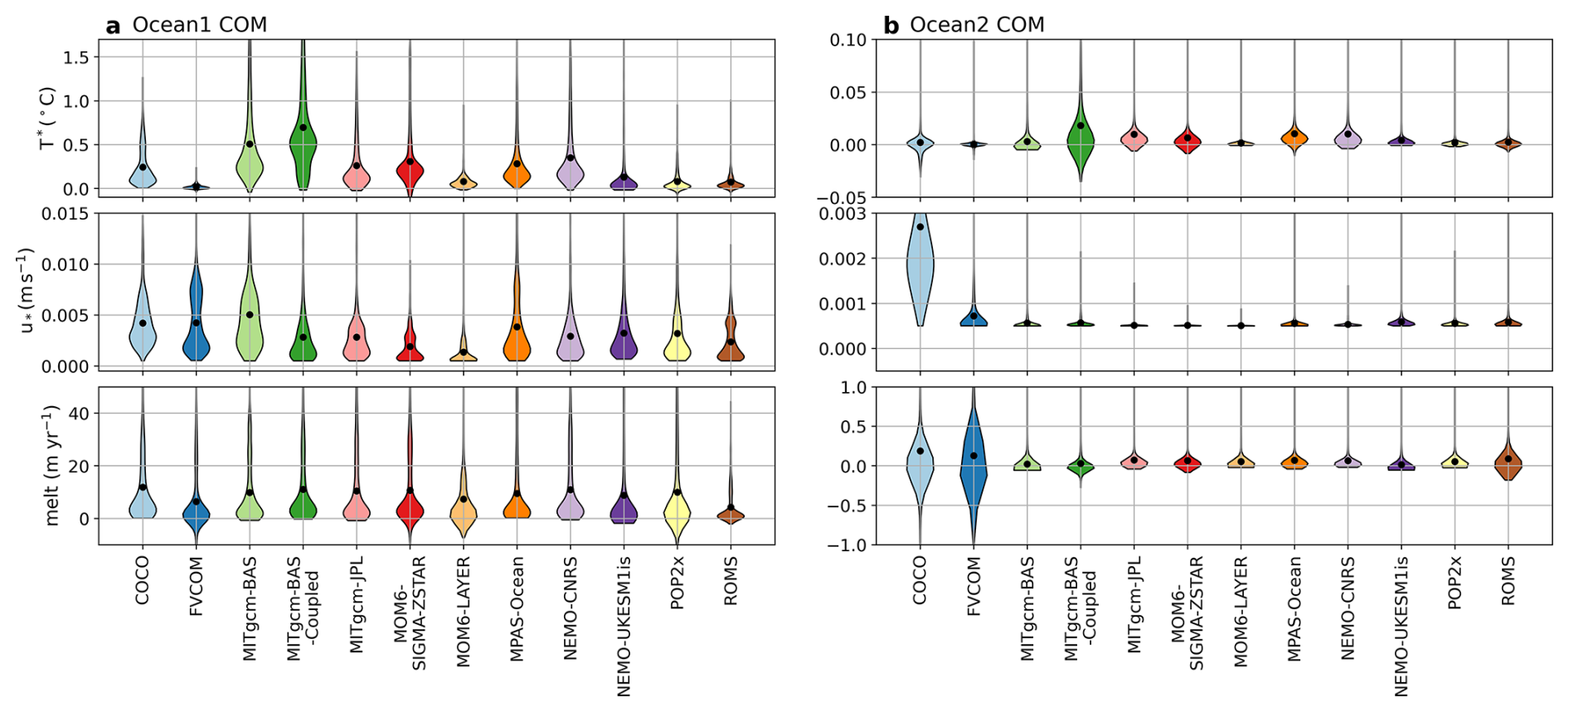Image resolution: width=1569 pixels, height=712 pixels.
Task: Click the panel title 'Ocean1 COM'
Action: pos(199,25)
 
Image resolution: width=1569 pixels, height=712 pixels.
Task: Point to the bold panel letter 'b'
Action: pos(891,26)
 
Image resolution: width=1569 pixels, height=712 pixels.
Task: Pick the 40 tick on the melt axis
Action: pos(78,413)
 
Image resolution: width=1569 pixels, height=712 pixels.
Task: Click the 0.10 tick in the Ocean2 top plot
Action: pos(848,40)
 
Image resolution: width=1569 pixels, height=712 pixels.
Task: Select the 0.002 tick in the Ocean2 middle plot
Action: pos(843,259)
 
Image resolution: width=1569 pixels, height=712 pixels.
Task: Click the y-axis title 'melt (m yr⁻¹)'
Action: pos(52,465)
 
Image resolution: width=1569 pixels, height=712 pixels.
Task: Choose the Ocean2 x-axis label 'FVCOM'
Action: pos(974,585)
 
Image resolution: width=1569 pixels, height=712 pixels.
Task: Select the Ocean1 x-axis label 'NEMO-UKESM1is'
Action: pos(624,625)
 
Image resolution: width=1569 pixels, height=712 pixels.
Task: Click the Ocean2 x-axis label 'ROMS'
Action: pos(1508,580)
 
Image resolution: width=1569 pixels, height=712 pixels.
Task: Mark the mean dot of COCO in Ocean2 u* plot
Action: pos(920,226)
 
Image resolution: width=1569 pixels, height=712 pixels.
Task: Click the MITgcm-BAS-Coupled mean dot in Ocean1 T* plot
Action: pos(304,128)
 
